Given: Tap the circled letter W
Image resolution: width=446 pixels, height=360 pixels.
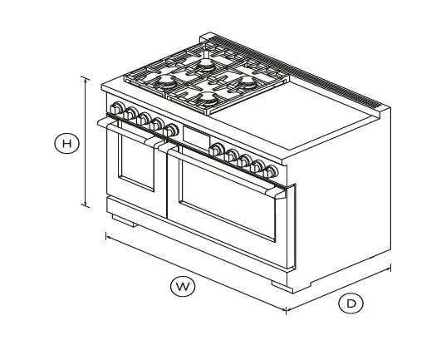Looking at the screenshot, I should point(182,287).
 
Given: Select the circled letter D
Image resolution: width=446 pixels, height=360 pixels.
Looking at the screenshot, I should point(351,303).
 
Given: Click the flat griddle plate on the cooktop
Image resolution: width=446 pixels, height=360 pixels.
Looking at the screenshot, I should point(311,111).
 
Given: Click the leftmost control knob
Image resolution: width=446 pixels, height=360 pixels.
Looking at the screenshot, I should point(115,109).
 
